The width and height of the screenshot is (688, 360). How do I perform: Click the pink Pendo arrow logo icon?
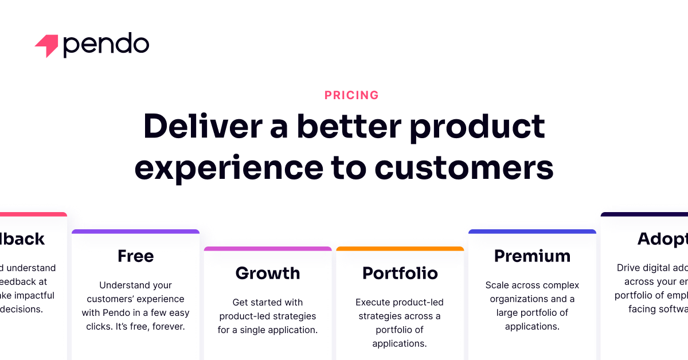pyautogui.click(x=47, y=46)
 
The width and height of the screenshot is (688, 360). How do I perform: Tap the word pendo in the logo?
pyautogui.click(x=106, y=45)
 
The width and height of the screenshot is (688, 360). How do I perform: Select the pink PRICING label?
pyautogui.click(x=351, y=95)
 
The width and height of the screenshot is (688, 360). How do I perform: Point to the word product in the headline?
pyautogui.click(x=477, y=127)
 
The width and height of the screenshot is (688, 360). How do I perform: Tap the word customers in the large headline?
pyautogui.click(x=464, y=167)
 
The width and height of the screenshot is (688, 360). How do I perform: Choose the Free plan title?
pyautogui.click(x=135, y=256)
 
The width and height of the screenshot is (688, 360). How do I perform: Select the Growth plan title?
pyautogui.click(x=268, y=273)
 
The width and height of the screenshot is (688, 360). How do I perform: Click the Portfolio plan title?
pyautogui.click(x=400, y=273)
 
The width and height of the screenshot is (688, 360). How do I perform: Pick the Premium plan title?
pyautogui.click(x=532, y=256)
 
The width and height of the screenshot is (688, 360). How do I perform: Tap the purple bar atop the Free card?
pyautogui.click(x=135, y=232)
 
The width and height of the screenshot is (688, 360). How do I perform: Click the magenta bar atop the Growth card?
pyautogui.click(x=268, y=249)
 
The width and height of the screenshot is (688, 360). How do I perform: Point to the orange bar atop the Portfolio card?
pyautogui.click(x=400, y=249)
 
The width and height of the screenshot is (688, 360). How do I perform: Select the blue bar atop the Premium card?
pyautogui.click(x=532, y=232)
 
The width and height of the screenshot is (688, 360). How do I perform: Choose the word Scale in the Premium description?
pyautogui.click(x=497, y=285)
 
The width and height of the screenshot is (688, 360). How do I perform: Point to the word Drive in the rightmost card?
pyautogui.click(x=629, y=268)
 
